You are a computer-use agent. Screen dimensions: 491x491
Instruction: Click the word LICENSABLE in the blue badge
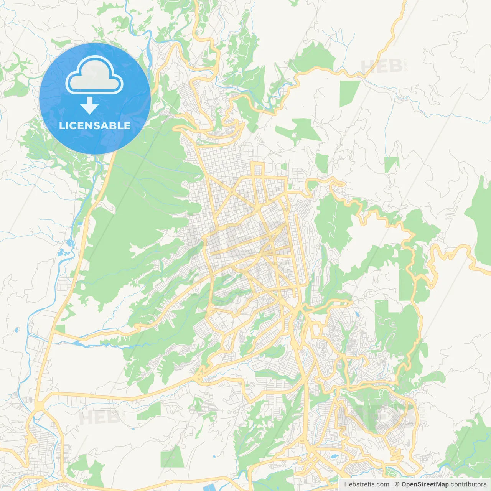[x=95, y=125]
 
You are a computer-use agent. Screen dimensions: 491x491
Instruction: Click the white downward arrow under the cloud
[x=90, y=106]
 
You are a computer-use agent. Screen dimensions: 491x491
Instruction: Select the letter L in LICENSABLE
[x=62, y=125]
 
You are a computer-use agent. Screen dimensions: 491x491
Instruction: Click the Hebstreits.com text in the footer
[x=366, y=484]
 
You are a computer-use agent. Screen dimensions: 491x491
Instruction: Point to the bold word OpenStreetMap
[x=425, y=484]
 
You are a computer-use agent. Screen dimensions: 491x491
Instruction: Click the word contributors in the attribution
[x=468, y=484]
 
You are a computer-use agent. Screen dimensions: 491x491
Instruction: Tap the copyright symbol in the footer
[x=397, y=484]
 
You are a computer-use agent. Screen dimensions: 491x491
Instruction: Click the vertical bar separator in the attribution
[x=392, y=484]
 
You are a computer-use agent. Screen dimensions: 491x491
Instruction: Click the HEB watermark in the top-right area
[x=381, y=66]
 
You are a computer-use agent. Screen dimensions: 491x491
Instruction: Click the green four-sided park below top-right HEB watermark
[x=349, y=93]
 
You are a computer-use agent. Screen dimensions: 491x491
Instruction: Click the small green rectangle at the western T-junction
[x=60, y=328]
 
